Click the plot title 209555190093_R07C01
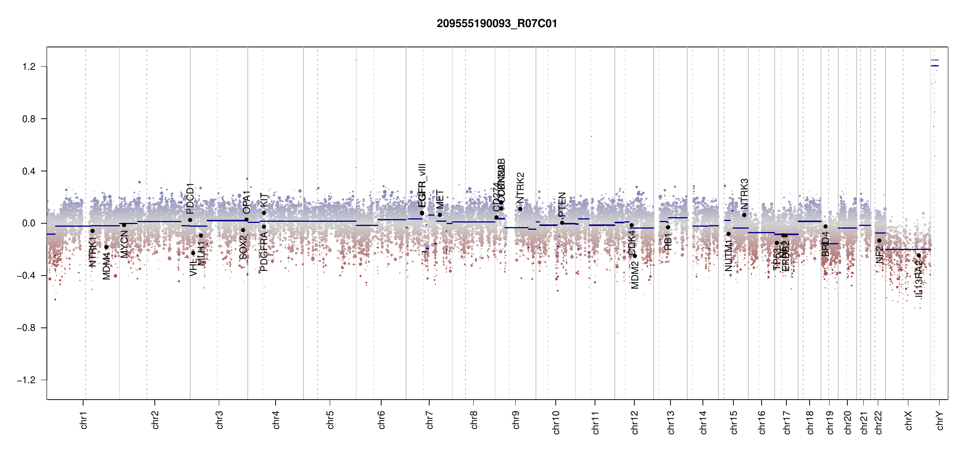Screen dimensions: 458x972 tap(497, 24)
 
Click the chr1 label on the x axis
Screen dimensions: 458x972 tap(84, 420)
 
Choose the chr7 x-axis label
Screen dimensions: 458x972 tap(430, 420)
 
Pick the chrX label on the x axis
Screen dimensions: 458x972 tap(908, 420)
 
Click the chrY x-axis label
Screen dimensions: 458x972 tap(940, 420)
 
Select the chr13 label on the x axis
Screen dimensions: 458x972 tap(671, 422)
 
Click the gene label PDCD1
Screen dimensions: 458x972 tap(190, 198)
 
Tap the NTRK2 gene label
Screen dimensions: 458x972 tap(520, 188)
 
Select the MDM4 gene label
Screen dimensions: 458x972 tap(107, 266)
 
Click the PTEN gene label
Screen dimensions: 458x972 tap(562, 205)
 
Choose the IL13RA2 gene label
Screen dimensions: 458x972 tap(919, 279)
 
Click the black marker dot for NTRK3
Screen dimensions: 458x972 tap(744, 215)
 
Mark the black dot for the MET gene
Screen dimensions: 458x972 tap(440, 215)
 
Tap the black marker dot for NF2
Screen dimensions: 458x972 tap(879, 240)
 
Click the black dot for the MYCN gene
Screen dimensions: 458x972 tap(124, 225)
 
